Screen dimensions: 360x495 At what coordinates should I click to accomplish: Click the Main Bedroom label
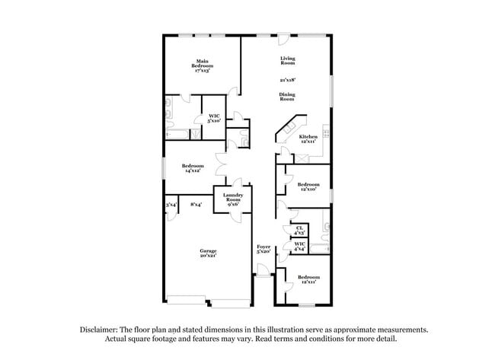[202, 64]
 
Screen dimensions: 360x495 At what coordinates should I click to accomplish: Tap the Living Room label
[287, 61]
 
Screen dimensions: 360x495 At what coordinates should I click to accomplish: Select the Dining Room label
[286, 97]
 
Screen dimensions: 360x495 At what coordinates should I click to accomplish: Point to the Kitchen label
[308, 137]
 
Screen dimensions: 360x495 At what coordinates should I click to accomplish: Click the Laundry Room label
[232, 199]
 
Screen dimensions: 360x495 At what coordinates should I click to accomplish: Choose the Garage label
[208, 251]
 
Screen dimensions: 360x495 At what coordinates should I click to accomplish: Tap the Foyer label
[263, 247]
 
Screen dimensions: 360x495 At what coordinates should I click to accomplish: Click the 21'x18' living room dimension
[287, 78]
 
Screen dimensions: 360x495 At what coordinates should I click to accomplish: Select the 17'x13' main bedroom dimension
[201, 71]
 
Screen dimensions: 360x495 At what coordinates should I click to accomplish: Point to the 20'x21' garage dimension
[208, 256]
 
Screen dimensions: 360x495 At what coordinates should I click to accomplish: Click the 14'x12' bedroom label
[193, 168]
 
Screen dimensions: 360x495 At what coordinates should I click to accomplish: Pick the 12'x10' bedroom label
[308, 187]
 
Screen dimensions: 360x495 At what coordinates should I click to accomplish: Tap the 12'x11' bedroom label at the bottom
[308, 279]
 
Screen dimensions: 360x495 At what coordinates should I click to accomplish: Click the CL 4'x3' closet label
[299, 229]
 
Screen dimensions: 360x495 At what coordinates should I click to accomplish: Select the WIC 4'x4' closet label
[299, 247]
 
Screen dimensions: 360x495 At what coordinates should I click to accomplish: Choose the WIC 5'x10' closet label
[215, 118]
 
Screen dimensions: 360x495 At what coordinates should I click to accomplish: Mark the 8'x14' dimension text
[196, 204]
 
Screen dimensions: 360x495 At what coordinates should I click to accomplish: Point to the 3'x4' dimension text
[171, 204]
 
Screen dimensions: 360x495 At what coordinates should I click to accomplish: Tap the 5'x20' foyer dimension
[263, 252]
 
